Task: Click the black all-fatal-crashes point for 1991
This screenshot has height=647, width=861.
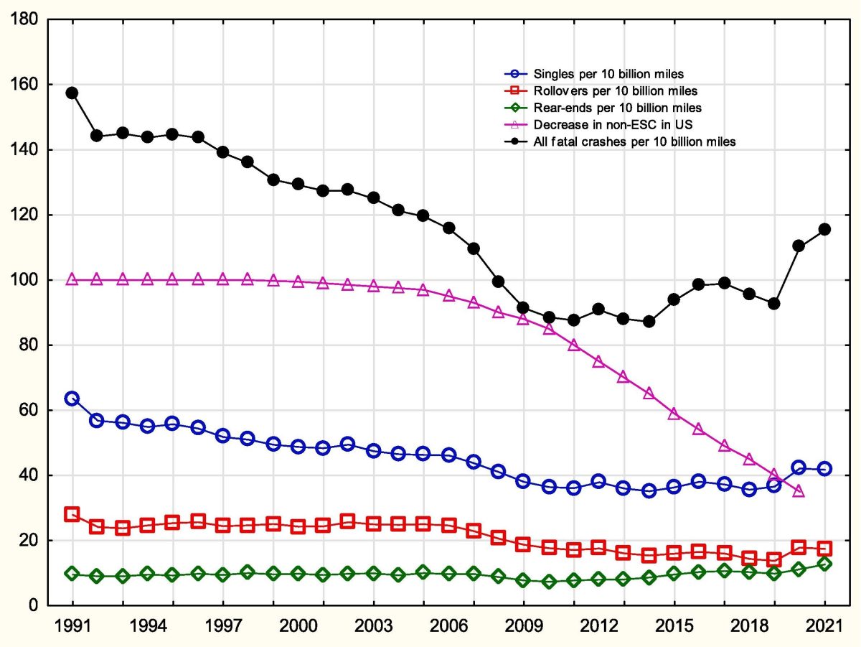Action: (x=72, y=93)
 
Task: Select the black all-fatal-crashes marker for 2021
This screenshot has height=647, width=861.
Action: (x=824, y=229)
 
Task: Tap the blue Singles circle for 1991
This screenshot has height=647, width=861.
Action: (x=72, y=399)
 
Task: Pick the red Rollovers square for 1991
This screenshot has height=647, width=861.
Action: (x=72, y=514)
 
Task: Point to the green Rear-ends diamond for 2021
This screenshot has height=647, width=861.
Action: (x=824, y=564)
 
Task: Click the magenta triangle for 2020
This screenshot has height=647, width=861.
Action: (x=799, y=491)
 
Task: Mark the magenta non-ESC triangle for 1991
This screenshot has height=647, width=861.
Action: (x=72, y=279)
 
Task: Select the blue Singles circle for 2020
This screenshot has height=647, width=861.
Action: (x=799, y=467)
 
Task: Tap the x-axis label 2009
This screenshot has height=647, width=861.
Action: (x=523, y=625)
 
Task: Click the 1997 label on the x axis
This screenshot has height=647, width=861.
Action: (x=222, y=625)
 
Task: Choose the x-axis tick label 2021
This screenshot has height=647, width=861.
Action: (x=824, y=625)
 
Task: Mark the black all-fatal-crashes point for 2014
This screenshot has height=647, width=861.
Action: (x=649, y=321)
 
